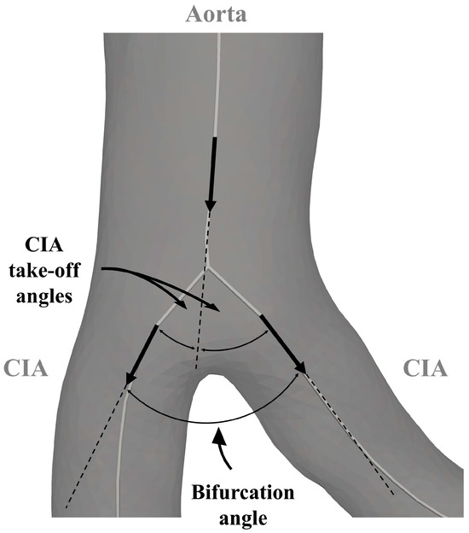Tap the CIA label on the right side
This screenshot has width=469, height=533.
pyautogui.click(x=424, y=369)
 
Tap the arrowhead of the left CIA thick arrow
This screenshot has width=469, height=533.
pyautogui.click(x=131, y=378)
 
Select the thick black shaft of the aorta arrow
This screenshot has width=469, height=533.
pyautogui.click(x=212, y=167)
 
